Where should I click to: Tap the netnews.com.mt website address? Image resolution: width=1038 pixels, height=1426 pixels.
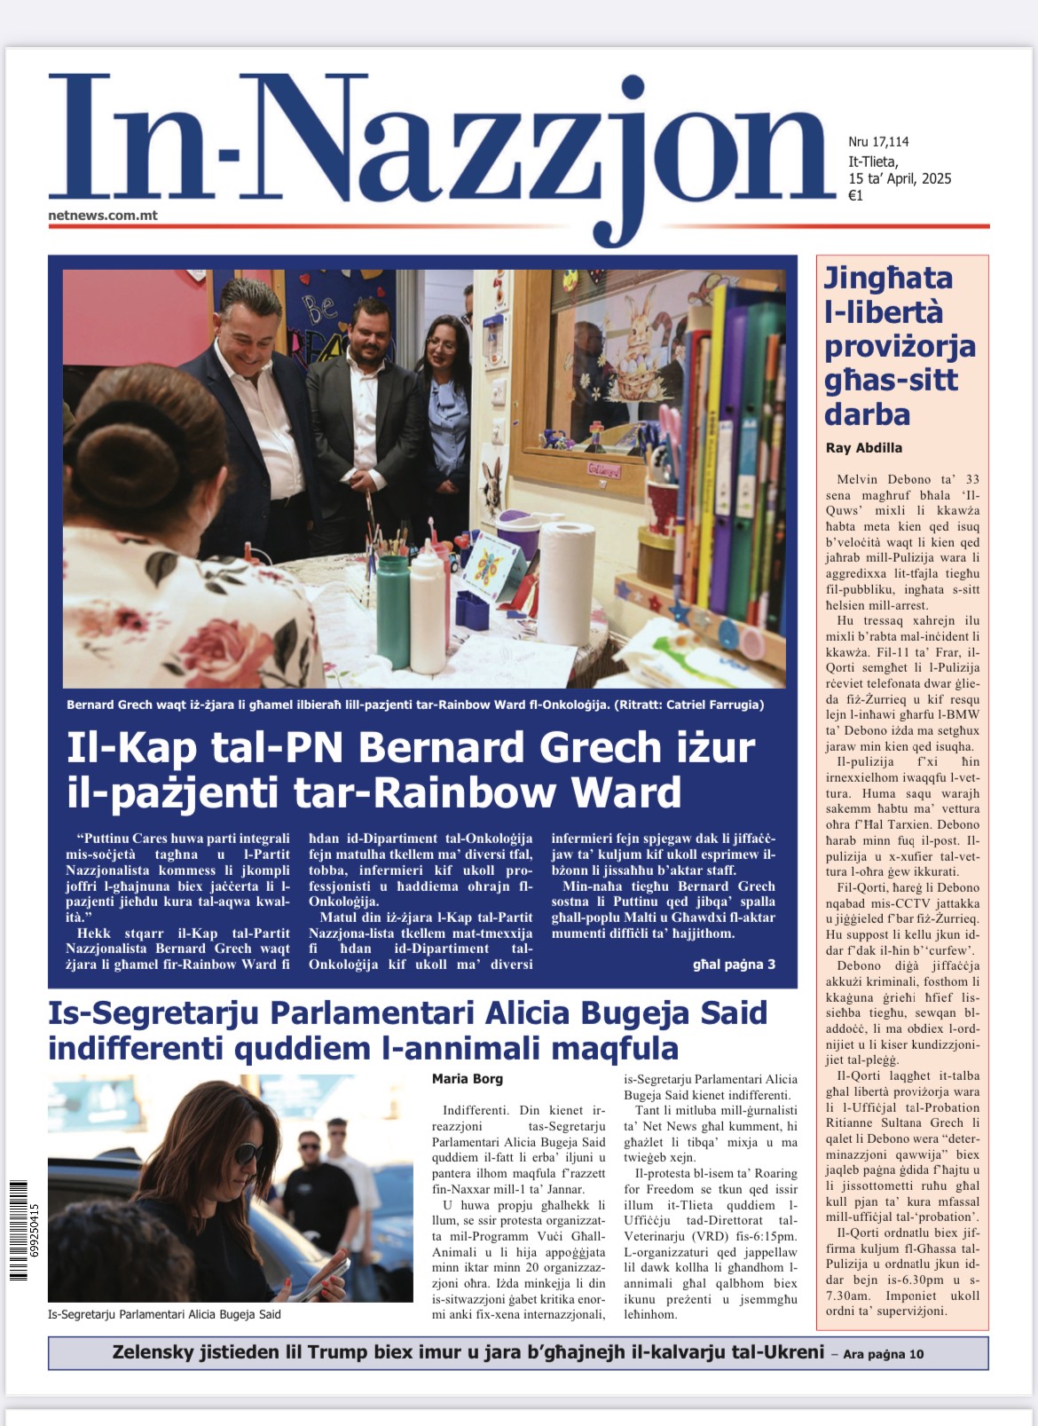click(x=103, y=216)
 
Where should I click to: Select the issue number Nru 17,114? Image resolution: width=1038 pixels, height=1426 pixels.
click(x=878, y=142)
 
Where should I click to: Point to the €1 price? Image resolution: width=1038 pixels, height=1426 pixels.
click(x=855, y=196)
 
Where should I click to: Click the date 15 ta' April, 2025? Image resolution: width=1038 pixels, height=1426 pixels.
click(x=900, y=178)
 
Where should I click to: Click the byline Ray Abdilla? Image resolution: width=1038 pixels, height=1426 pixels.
click(x=863, y=448)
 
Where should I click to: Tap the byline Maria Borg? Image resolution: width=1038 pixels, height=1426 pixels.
click(x=467, y=1079)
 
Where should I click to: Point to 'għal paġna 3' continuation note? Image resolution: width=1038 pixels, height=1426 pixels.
click(x=734, y=965)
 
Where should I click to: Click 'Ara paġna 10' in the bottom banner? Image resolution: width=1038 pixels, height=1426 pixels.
click(x=883, y=1354)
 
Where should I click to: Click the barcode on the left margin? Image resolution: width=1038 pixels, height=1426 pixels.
click(x=19, y=1230)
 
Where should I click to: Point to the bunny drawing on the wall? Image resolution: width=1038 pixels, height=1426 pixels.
click(x=636, y=346)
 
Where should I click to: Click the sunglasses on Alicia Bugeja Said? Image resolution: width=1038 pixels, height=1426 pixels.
click(x=248, y=1154)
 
